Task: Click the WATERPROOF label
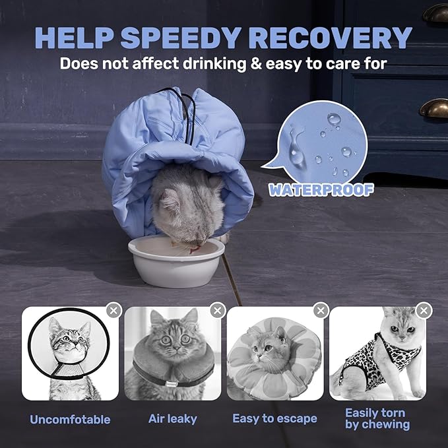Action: click(321, 190)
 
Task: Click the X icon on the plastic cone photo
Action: click(114, 310)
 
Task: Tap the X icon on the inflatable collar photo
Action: click(217, 310)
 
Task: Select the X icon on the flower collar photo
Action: click(321, 310)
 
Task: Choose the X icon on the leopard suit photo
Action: click(424, 310)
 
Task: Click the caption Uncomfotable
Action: click(70, 420)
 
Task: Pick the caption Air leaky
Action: click(173, 419)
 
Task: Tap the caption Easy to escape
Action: click(274, 419)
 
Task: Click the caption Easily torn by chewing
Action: click(377, 418)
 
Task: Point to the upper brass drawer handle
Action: click(435, 13)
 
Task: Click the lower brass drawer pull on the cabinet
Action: click(433, 108)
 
